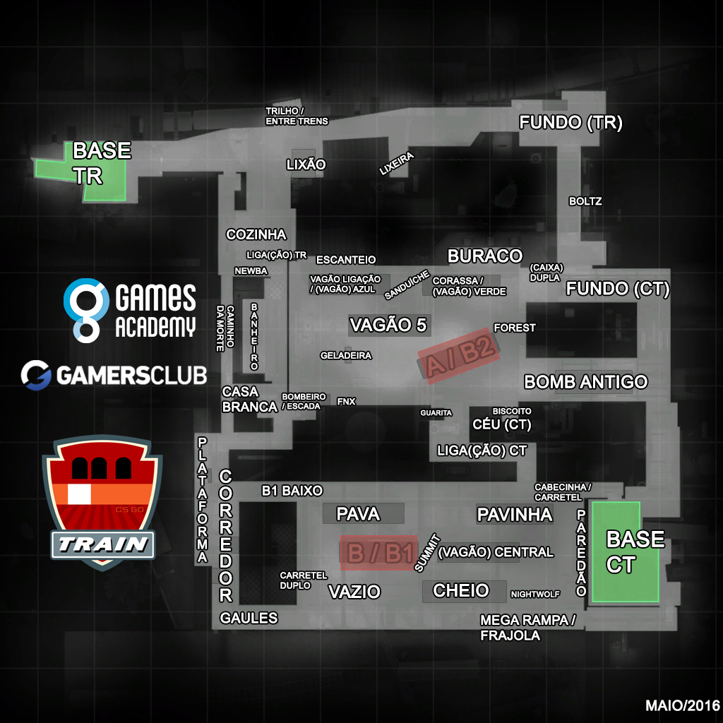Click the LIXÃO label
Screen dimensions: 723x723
click(306, 165)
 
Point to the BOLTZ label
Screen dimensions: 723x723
click(585, 201)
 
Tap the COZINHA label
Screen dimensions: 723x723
click(256, 234)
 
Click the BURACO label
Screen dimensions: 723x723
click(484, 256)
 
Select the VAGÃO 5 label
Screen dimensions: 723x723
click(388, 325)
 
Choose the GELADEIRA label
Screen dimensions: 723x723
click(345, 356)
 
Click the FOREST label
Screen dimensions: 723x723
click(515, 328)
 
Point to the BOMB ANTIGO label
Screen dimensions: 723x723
click(585, 382)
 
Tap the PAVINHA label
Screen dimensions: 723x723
click(514, 515)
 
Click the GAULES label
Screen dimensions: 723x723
click(249, 619)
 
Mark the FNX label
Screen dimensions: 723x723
click(346, 401)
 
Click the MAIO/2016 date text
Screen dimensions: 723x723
click(682, 705)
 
